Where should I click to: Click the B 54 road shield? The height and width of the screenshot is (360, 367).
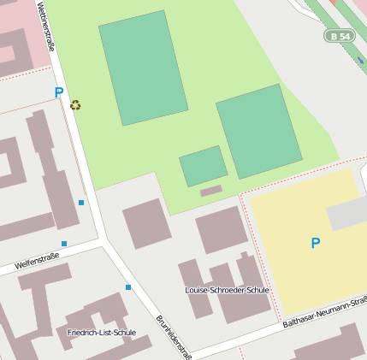click(x=340, y=36)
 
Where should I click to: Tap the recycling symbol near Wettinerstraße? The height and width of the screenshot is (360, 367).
click(x=75, y=105)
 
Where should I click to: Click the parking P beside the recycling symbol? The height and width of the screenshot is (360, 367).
click(x=59, y=92)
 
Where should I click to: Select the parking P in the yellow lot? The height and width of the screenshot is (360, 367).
click(x=316, y=243)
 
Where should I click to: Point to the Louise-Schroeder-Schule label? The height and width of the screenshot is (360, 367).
click(x=227, y=290)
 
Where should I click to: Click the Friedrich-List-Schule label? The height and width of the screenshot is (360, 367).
click(x=101, y=332)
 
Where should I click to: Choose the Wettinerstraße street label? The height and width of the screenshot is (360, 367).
click(x=46, y=27)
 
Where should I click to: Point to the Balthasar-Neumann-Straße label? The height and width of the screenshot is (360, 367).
click(x=325, y=312)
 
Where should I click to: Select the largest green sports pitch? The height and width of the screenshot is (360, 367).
click(x=143, y=68)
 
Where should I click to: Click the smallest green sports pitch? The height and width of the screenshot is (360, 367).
click(x=204, y=166)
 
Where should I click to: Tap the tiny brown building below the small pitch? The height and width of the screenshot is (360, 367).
click(x=211, y=190)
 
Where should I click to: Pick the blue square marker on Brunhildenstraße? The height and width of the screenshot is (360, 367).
click(x=128, y=287)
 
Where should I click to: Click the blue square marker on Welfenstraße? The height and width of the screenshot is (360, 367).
click(x=64, y=244)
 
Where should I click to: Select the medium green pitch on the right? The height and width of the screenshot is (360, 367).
click(x=258, y=131)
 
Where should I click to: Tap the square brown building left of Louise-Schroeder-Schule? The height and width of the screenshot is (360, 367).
click(x=147, y=223)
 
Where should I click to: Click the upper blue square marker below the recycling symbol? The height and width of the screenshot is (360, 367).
click(x=81, y=203)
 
